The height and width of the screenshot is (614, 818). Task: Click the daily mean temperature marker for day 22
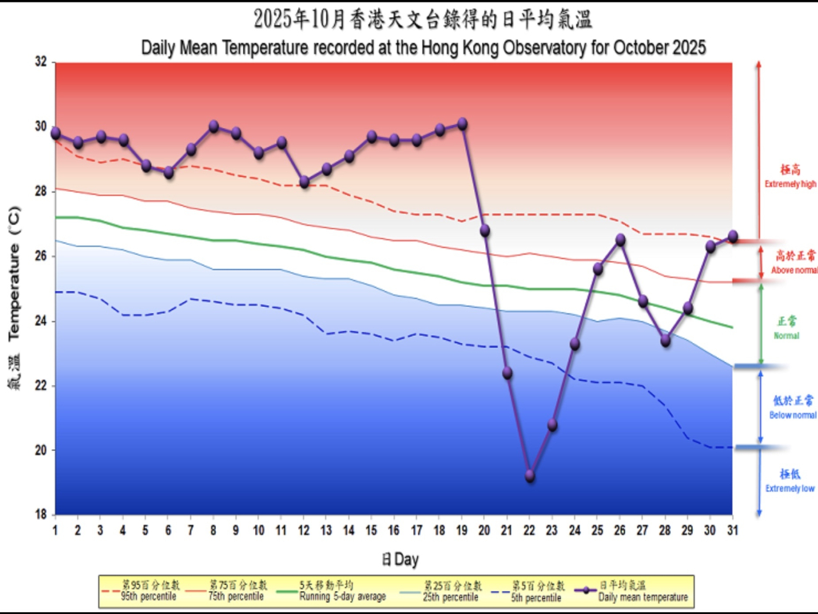(x=530, y=476)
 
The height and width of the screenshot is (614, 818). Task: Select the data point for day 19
(x=462, y=124)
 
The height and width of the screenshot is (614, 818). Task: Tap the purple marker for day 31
(x=733, y=237)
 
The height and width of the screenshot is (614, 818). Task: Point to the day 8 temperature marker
(x=213, y=127)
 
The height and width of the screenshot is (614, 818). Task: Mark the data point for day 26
(x=620, y=240)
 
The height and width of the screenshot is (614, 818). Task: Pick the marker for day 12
(x=304, y=182)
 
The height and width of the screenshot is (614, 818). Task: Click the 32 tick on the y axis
(x=41, y=62)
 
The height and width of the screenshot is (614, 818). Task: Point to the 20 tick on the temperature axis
(x=41, y=450)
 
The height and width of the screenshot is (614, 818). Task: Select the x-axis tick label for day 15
(x=371, y=530)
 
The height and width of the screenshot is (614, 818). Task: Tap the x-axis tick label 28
(x=665, y=530)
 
